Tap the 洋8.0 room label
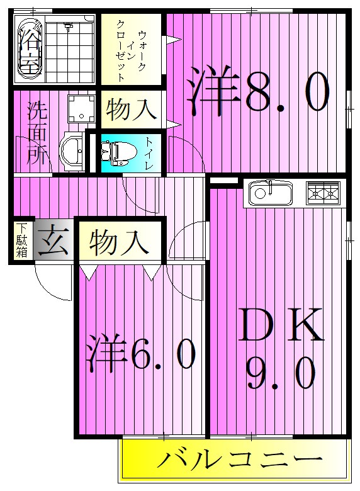258,93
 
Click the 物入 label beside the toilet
131,109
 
